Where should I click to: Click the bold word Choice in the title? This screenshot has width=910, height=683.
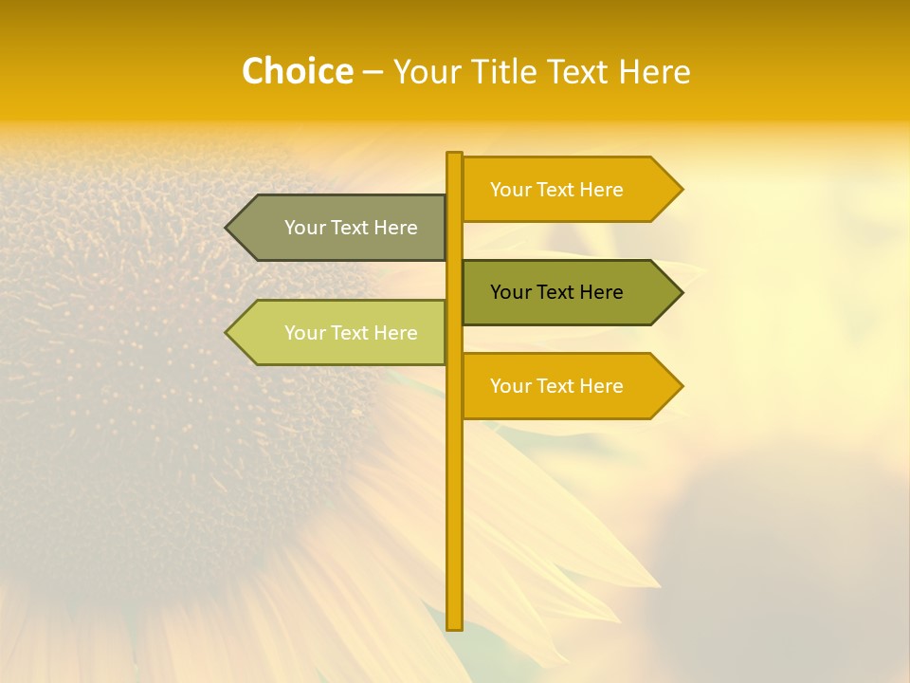(x=297, y=71)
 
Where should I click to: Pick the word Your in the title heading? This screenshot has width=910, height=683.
(x=430, y=71)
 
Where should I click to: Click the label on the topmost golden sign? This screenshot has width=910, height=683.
(x=556, y=190)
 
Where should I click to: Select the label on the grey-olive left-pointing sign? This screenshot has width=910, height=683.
(x=351, y=228)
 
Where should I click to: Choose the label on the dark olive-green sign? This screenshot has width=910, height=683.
(x=556, y=292)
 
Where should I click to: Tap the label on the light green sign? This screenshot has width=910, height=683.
(x=351, y=333)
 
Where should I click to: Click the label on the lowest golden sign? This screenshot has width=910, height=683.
(x=556, y=386)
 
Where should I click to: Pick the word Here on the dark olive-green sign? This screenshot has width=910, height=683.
(x=601, y=292)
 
